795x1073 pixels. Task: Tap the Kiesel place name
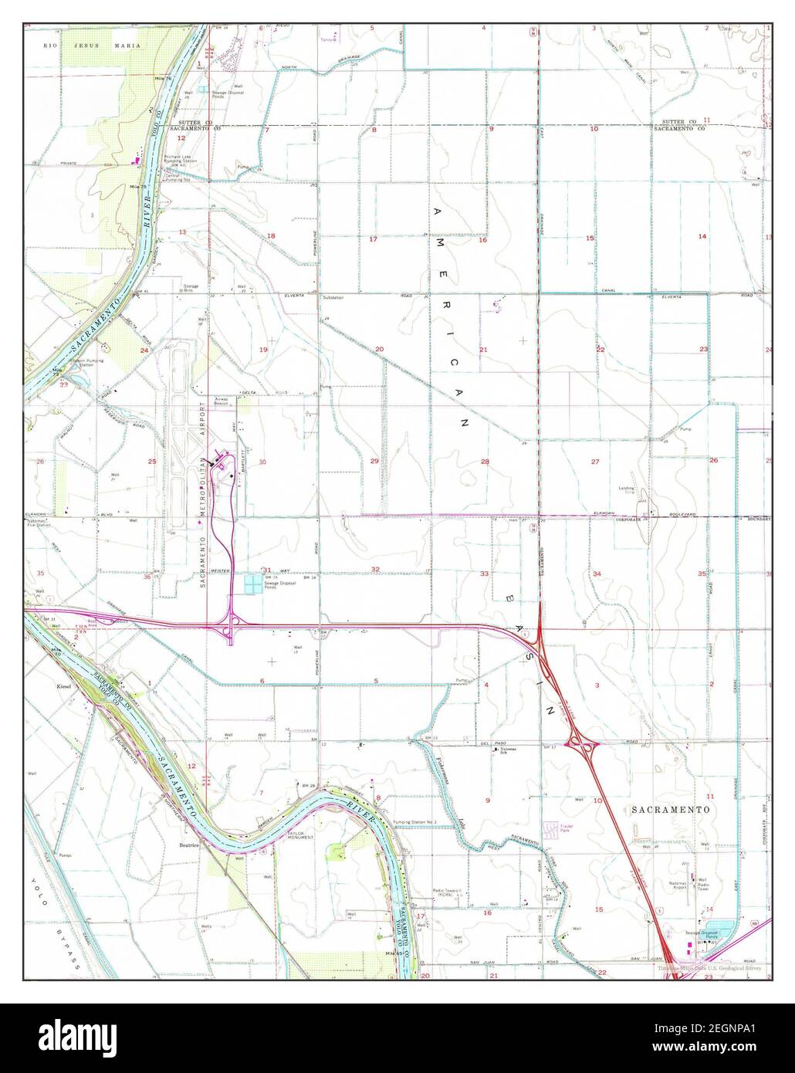tap(64, 685)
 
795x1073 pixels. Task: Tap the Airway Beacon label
tap(222, 402)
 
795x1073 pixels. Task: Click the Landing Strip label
tap(627, 490)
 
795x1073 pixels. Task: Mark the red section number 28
tap(485, 462)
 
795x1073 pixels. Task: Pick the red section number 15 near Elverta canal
tap(590, 238)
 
